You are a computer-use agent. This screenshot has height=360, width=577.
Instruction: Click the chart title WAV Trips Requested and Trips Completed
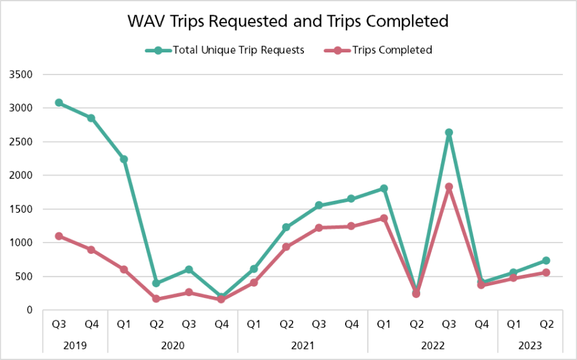pyautogui.click(x=288, y=21)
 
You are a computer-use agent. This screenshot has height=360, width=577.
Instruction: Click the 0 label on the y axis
pyautogui.click(x=29, y=310)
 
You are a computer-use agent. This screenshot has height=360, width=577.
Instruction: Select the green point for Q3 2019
pyautogui.click(x=59, y=102)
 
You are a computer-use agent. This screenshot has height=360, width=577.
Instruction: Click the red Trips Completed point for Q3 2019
pyautogui.click(x=59, y=236)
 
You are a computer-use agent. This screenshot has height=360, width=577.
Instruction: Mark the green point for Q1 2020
pyautogui.click(x=124, y=159)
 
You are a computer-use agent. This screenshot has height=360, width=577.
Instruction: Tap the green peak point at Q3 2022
pyautogui.click(x=449, y=133)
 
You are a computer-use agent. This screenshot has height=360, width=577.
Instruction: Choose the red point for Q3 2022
pyautogui.click(x=449, y=187)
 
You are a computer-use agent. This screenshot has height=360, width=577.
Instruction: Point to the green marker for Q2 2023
pyautogui.click(x=546, y=260)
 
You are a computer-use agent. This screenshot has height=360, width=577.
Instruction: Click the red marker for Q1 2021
pyautogui.click(x=254, y=282)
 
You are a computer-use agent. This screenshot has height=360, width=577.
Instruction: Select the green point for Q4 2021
pyautogui.click(x=351, y=199)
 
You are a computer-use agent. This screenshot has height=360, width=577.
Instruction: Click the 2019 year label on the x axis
pyautogui.click(x=75, y=345)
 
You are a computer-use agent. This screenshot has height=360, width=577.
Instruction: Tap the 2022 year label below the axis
pyautogui.click(x=432, y=345)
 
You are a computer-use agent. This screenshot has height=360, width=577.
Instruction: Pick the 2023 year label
pyautogui.click(x=530, y=345)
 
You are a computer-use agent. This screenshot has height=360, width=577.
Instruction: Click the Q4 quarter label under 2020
pyautogui.click(x=221, y=325)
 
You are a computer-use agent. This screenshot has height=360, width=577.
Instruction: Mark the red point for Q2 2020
pyautogui.click(x=156, y=299)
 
